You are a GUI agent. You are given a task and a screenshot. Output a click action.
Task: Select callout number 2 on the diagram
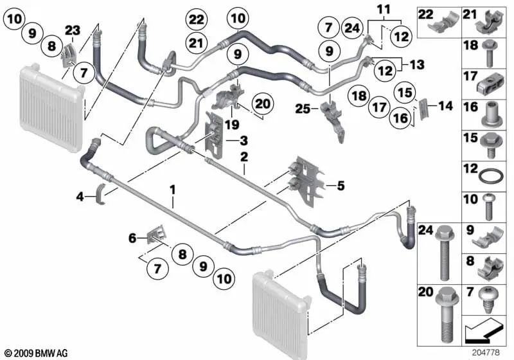click(244, 156)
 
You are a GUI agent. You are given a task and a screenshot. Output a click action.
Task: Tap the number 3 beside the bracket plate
click(244, 140)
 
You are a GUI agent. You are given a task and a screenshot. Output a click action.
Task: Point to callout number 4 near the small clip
click(79, 197)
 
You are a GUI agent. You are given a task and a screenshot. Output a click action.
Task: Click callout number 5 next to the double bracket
click(340, 186)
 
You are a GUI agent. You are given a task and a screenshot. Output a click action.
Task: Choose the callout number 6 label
click(133, 238)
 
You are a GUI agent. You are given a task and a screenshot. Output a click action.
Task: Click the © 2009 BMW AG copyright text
click(36, 353)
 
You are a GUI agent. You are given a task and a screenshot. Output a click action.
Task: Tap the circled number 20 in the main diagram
click(262, 103)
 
